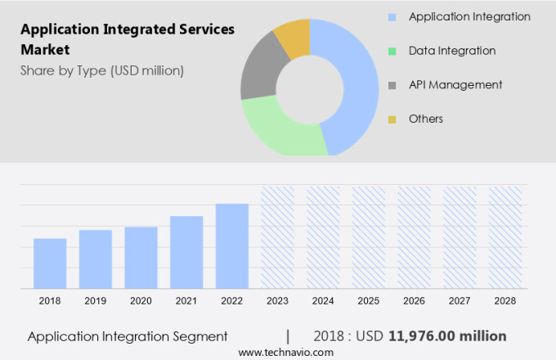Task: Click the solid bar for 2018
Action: [50, 263]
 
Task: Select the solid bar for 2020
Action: [141, 257]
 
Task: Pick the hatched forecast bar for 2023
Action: [277, 237]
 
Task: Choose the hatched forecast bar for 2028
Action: [505, 237]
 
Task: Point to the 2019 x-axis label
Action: [96, 301]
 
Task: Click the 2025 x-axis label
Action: [369, 301]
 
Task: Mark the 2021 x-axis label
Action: [186, 301]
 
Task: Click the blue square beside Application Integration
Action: [392, 17]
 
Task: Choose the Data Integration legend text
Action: [452, 51]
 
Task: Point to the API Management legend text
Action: [455, 84]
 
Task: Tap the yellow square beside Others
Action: [392, 119]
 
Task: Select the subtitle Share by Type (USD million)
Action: [102, 70]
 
